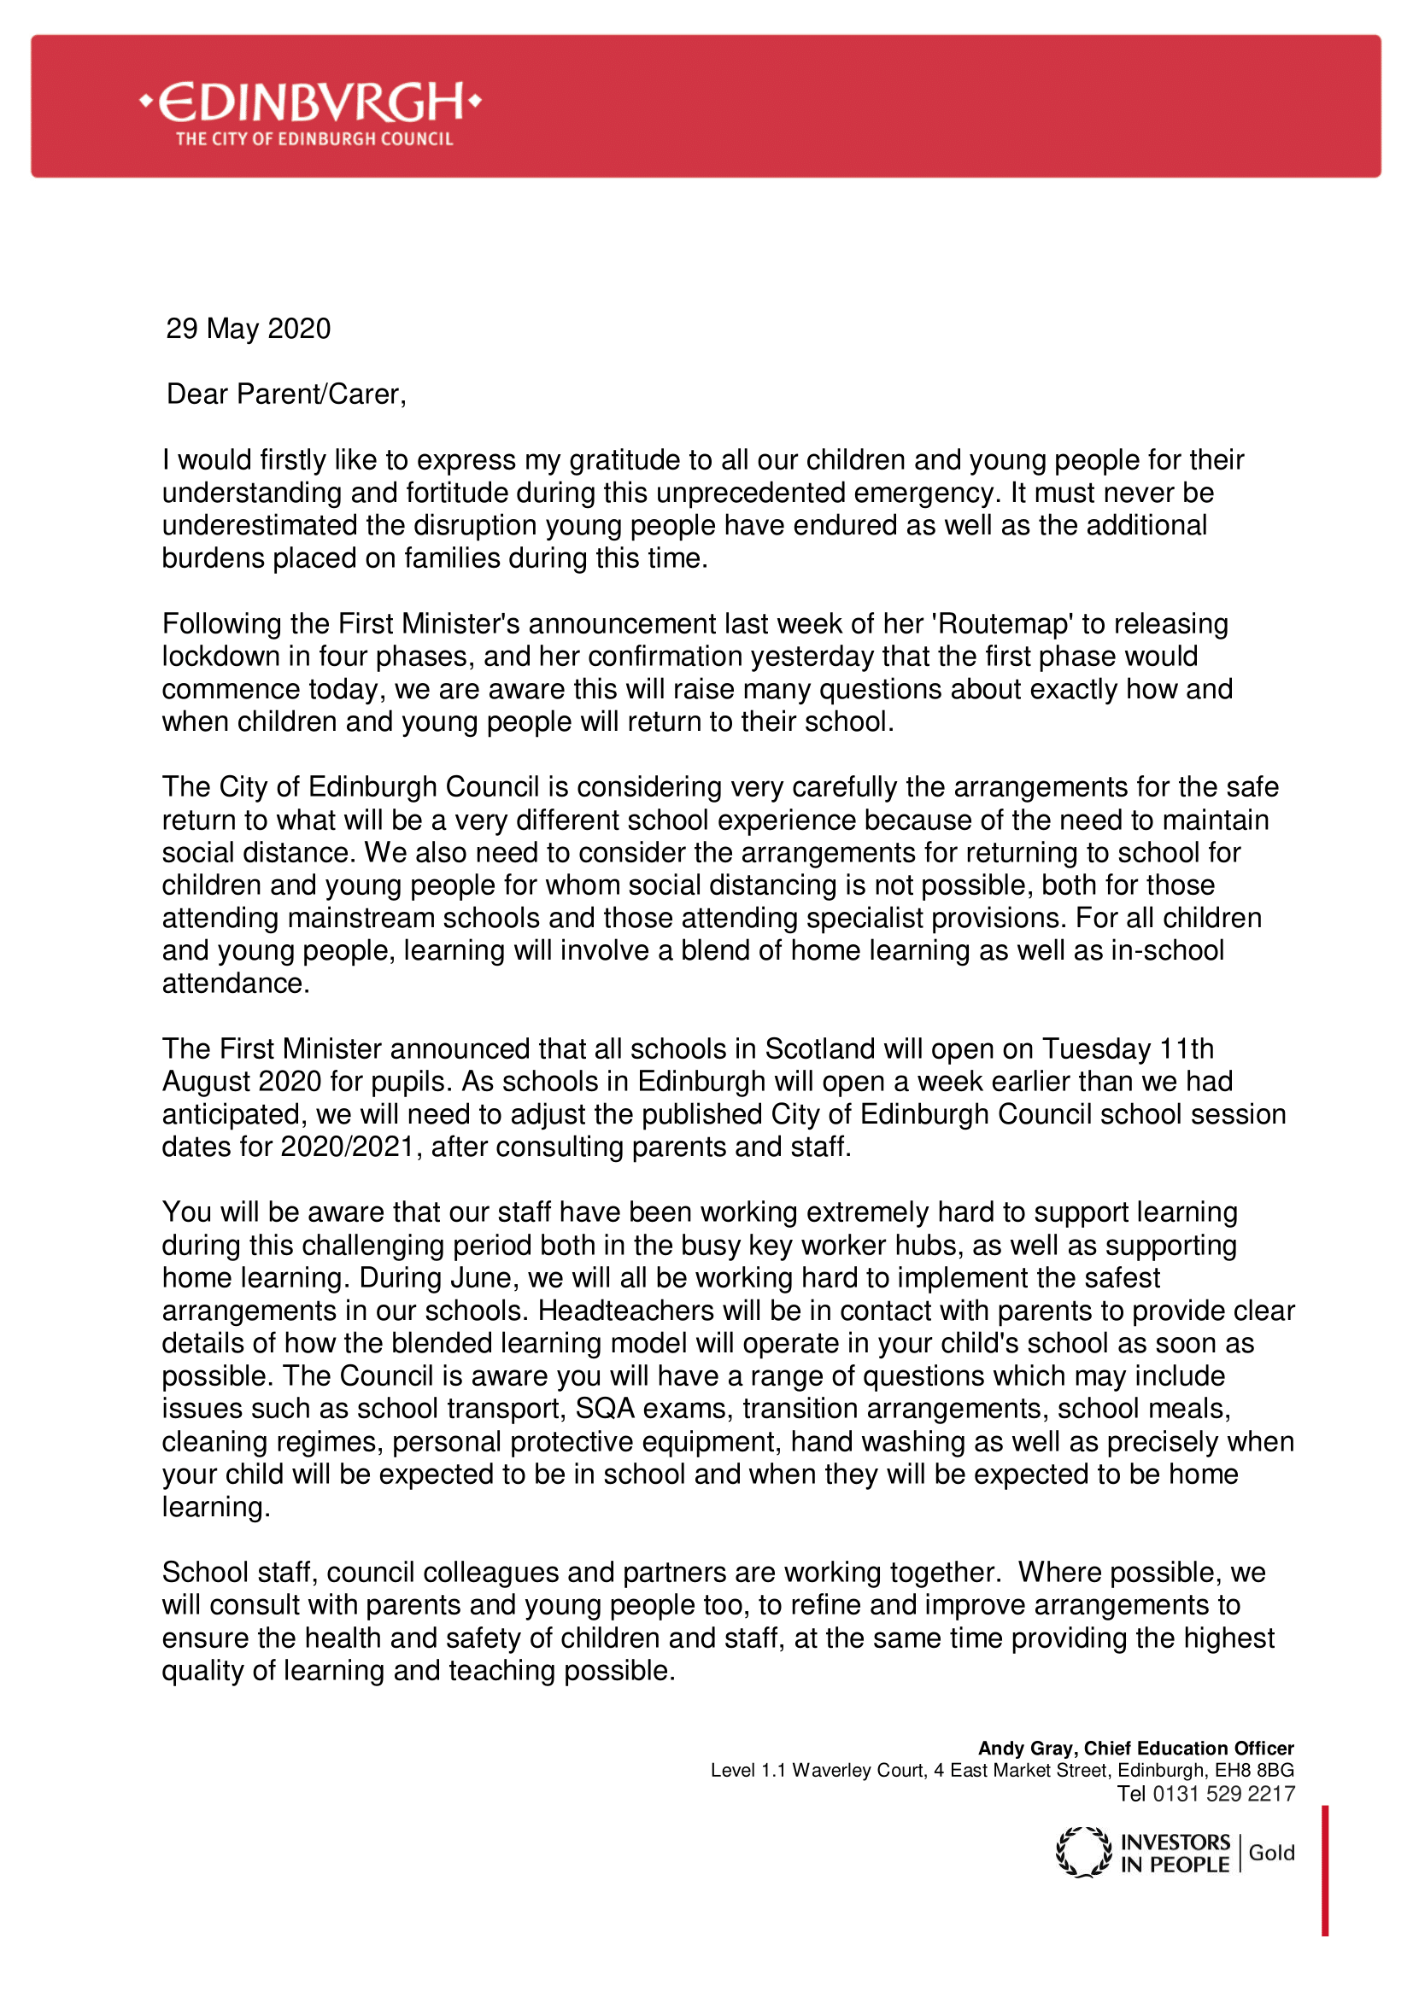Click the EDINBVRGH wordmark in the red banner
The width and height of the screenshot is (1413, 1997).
coord(311,102)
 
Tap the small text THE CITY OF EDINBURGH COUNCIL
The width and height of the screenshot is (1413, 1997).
coord(314,139)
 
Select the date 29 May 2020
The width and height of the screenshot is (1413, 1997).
coord(248,329)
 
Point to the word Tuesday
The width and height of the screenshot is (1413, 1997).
coord(1096,1049)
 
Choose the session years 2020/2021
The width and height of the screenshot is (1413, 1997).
coord(347,1147)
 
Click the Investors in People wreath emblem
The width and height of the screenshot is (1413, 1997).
coord(1083,1853)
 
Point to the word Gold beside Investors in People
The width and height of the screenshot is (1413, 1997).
coord(1271,1853)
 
